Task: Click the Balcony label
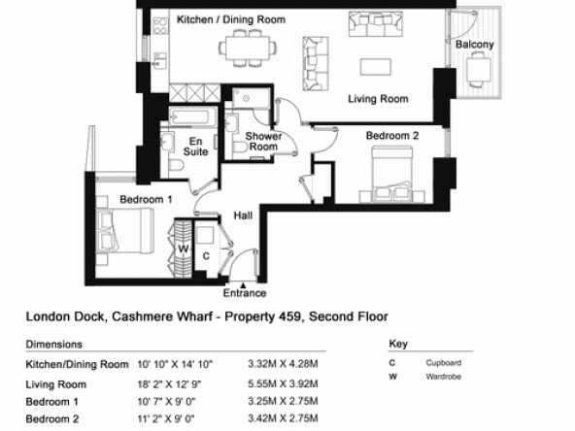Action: tap(475, 45)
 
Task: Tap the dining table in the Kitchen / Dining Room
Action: tap(248, 48)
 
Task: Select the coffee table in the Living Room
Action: tap(376, 67)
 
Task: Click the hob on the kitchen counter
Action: tap(160, 26)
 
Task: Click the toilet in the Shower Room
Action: tap(240, 147)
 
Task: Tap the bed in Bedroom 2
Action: tap(392, 174)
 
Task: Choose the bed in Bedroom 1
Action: tap(125, 231)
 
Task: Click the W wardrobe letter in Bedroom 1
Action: tap(183, 249)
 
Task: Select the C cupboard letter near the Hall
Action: tap(206, 256)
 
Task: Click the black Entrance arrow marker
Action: tap(243, 284)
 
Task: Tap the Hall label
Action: tap(243, 215)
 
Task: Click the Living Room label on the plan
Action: tap(378, 99)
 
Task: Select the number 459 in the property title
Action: tap(289, 316)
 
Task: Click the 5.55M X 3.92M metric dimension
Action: tap(283, 383)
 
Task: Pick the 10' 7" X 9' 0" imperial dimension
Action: tap(166, 402)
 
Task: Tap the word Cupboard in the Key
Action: tap(444, 363)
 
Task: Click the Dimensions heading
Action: tap(54, 345)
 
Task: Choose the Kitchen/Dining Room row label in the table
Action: tap(77, 364)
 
